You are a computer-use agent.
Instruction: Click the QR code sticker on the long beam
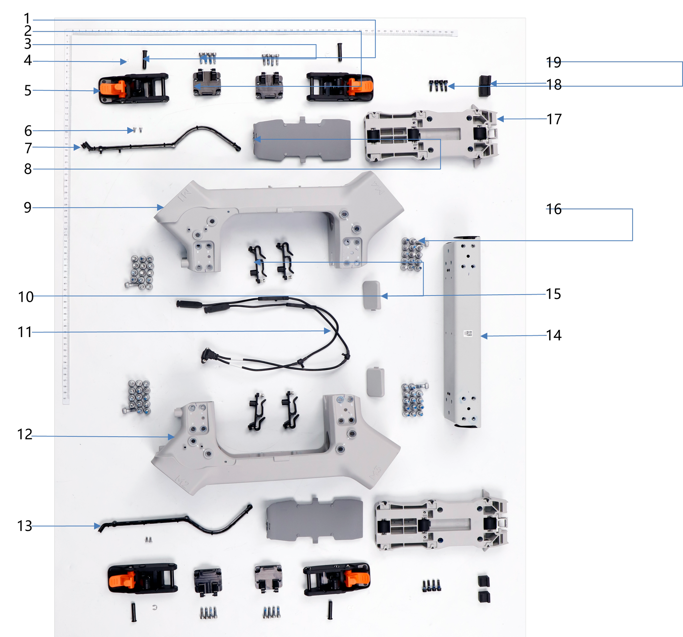tap(468, 333)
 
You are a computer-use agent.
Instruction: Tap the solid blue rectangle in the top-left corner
tap(43, 25)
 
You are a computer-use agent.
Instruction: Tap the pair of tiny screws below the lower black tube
tap(148, 540)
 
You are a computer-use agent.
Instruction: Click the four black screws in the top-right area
tap(438, 85)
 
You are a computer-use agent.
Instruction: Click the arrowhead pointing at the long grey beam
tap(484, 336)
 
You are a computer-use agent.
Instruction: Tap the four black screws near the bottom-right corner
tap(431, 585)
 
